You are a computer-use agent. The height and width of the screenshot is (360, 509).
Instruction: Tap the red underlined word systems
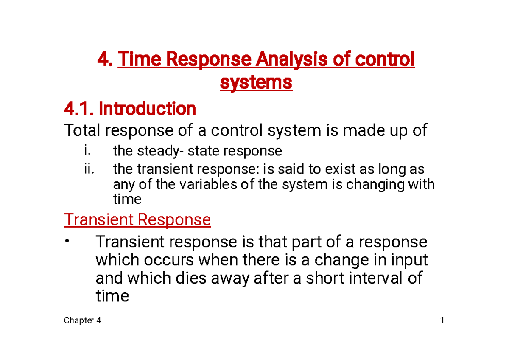(x=256, y=82)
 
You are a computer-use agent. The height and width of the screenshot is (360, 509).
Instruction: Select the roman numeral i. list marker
(x=87, y=151)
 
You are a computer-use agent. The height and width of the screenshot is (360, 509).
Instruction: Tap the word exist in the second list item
(x=338, y=169)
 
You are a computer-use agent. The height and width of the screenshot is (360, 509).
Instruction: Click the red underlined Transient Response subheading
(x=137, y=220)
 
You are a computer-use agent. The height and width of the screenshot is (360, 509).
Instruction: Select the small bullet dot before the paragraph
(x=67, y=241)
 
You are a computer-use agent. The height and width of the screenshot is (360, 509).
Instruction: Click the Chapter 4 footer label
(x=82, y=321)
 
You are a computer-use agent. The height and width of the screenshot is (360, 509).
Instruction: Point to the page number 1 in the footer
(x=442, y=321)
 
